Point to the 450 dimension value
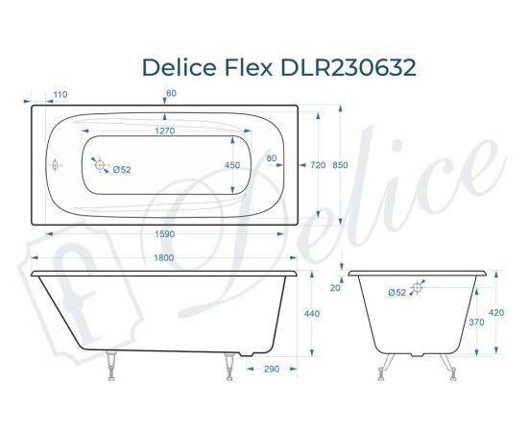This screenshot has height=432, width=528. pos(231,165)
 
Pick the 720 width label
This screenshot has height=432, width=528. pos(318,165)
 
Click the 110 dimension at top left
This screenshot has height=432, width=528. pos(60,94)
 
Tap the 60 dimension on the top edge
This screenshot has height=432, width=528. pos(172,94)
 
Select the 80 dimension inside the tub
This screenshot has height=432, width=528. pos(272,158)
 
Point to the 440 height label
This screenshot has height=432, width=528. pos(312,314)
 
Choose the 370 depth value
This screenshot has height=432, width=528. pos(477,323)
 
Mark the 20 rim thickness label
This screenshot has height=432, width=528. pos(335,288)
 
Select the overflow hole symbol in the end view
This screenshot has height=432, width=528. pos(418,287)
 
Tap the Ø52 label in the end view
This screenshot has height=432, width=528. pos(396,292)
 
